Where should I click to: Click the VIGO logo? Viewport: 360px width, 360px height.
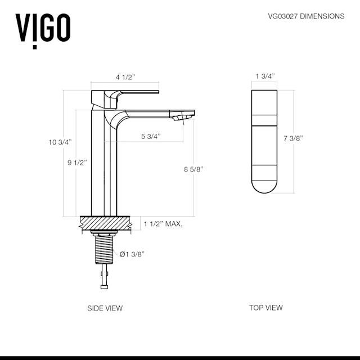pyautogui.click(x=43, y=31)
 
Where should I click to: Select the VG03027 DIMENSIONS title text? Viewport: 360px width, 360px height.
pyautogui.click(x=306, y=16)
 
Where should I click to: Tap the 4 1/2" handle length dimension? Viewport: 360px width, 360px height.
pyautogui.click(x=125, y=77)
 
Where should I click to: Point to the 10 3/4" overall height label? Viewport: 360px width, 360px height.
pyautogui.click(x=60, y=142)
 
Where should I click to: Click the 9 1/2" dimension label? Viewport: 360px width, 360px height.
pyautogui.click(x=77, y=163)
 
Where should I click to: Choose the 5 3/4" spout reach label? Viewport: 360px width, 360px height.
pyautogui.click(x=151, y=136)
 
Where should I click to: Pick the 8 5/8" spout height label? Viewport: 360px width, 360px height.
pyautogui.click(x=193, y=169)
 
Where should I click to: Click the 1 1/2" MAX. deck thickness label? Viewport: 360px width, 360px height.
pyautogui.click(x=163, y=224)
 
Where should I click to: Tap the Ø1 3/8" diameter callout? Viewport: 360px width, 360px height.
pyautogui.click(x=132, y=254)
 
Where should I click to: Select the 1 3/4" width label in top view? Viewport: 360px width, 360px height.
pyautogui.click(x=265, y=76)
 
